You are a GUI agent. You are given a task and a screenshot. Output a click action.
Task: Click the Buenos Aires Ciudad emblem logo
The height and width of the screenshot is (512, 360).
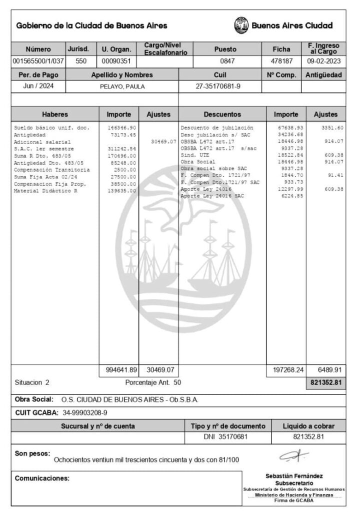point(241,25)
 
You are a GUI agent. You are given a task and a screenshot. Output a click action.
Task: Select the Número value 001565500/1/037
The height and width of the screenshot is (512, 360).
point(38,61)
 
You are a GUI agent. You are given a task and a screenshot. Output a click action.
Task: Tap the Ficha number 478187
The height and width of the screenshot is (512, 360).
point(281,61)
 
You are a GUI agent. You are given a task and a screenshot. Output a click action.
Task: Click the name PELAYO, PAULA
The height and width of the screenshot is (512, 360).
point(121,86)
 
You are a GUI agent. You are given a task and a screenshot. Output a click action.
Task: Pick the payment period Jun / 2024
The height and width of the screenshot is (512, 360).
point(38,86)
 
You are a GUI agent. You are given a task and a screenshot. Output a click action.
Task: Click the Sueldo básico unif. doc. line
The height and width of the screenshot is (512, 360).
point(52,128)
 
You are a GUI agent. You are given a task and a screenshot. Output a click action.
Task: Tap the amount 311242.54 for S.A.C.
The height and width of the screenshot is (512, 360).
point(121,149)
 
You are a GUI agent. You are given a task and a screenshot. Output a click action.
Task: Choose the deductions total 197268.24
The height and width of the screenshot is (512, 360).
point(285,370)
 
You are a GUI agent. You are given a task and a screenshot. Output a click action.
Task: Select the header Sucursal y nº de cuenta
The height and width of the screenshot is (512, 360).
point(97,426)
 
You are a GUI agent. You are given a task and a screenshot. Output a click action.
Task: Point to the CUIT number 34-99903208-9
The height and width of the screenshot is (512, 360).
point(85,413)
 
